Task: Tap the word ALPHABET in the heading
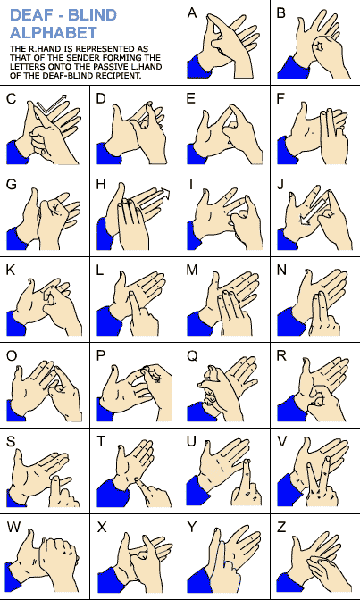pos(54,32)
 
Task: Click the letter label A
pos(192,13)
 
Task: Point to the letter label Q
pos(192,356)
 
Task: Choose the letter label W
pos(13,528)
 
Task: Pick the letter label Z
pos(281,528)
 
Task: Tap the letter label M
pos(192,271)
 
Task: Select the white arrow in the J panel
pos(315,211)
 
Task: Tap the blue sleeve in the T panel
pos(113,493)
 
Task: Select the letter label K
pos(11,271)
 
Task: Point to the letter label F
pos(280,99)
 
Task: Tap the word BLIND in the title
pos(93,15)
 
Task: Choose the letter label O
pos(12,356)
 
